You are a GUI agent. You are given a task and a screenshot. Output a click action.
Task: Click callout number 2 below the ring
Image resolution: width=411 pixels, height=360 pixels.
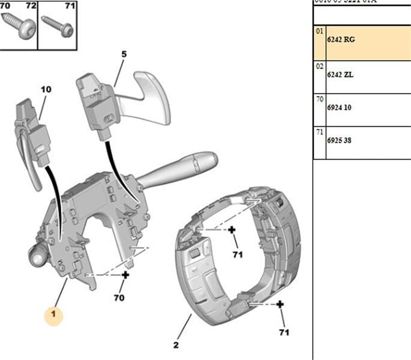tap(176, 344)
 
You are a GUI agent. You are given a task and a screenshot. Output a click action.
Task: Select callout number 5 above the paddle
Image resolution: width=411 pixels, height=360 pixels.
tap(124, 55)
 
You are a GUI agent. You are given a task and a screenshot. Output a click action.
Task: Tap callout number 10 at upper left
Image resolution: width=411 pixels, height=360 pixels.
tap(46, 89)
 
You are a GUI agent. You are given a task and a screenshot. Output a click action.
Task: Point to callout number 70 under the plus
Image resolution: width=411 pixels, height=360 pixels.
tap(119, 297)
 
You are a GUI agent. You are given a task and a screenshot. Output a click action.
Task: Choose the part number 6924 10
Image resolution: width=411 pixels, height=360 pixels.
tap(339, 109)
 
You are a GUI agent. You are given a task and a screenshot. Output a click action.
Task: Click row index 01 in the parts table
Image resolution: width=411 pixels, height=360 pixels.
tap(320, 31)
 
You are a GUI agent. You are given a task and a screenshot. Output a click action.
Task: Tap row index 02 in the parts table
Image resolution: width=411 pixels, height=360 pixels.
tap(320, 66)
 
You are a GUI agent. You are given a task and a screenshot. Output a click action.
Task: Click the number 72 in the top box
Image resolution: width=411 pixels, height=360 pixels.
tap(31, 6)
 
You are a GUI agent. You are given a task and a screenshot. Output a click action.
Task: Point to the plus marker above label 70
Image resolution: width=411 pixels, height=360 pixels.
tap(125, 275)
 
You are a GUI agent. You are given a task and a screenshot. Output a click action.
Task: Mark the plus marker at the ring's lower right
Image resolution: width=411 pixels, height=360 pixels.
tap(280, 305)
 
